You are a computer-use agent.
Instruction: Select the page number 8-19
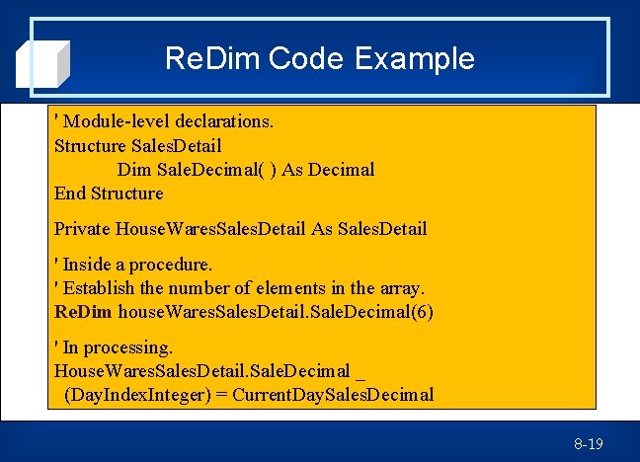[x=589, y=444]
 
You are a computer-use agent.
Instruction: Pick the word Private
[x=82, y=229]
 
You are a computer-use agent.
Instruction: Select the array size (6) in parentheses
[x=422, y=312]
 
